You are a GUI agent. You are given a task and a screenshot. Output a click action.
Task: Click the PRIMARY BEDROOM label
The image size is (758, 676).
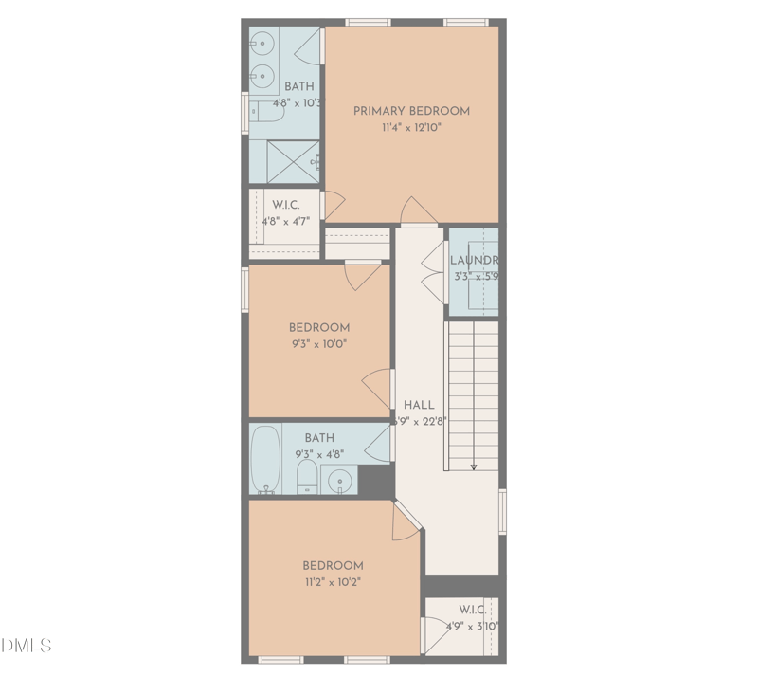point(411,111)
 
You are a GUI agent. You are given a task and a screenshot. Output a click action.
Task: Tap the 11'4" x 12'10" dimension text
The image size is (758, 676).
point(411,127)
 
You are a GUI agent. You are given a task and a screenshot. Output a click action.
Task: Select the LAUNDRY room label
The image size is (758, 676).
point(474,261)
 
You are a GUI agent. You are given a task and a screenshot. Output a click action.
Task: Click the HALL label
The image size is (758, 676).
point(419,405)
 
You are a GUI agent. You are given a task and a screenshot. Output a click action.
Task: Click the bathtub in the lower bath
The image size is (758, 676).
point(267,460)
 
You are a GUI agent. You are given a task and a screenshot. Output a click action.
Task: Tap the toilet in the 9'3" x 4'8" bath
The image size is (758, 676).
point(307,476)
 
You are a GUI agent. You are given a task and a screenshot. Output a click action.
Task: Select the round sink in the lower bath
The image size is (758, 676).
point(339,482)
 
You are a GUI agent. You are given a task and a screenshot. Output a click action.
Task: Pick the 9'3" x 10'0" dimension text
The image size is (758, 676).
point(318,344)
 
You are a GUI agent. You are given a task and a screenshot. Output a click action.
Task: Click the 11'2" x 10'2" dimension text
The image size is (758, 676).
point(333,581)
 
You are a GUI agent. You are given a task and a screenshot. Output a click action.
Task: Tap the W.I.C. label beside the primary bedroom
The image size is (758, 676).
point(286,205)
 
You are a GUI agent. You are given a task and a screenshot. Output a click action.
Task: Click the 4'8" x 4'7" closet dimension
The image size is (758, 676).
point(286,222)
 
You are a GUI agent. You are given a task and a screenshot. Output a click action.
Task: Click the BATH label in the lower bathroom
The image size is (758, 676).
point(319,438)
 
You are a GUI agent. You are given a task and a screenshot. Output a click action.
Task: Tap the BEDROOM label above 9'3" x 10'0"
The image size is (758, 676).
point(319,328)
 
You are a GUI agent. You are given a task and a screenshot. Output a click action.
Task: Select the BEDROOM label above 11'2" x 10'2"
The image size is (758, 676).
point(333,565)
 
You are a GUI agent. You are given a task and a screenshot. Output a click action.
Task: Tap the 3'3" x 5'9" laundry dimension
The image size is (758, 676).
point(475,277)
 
